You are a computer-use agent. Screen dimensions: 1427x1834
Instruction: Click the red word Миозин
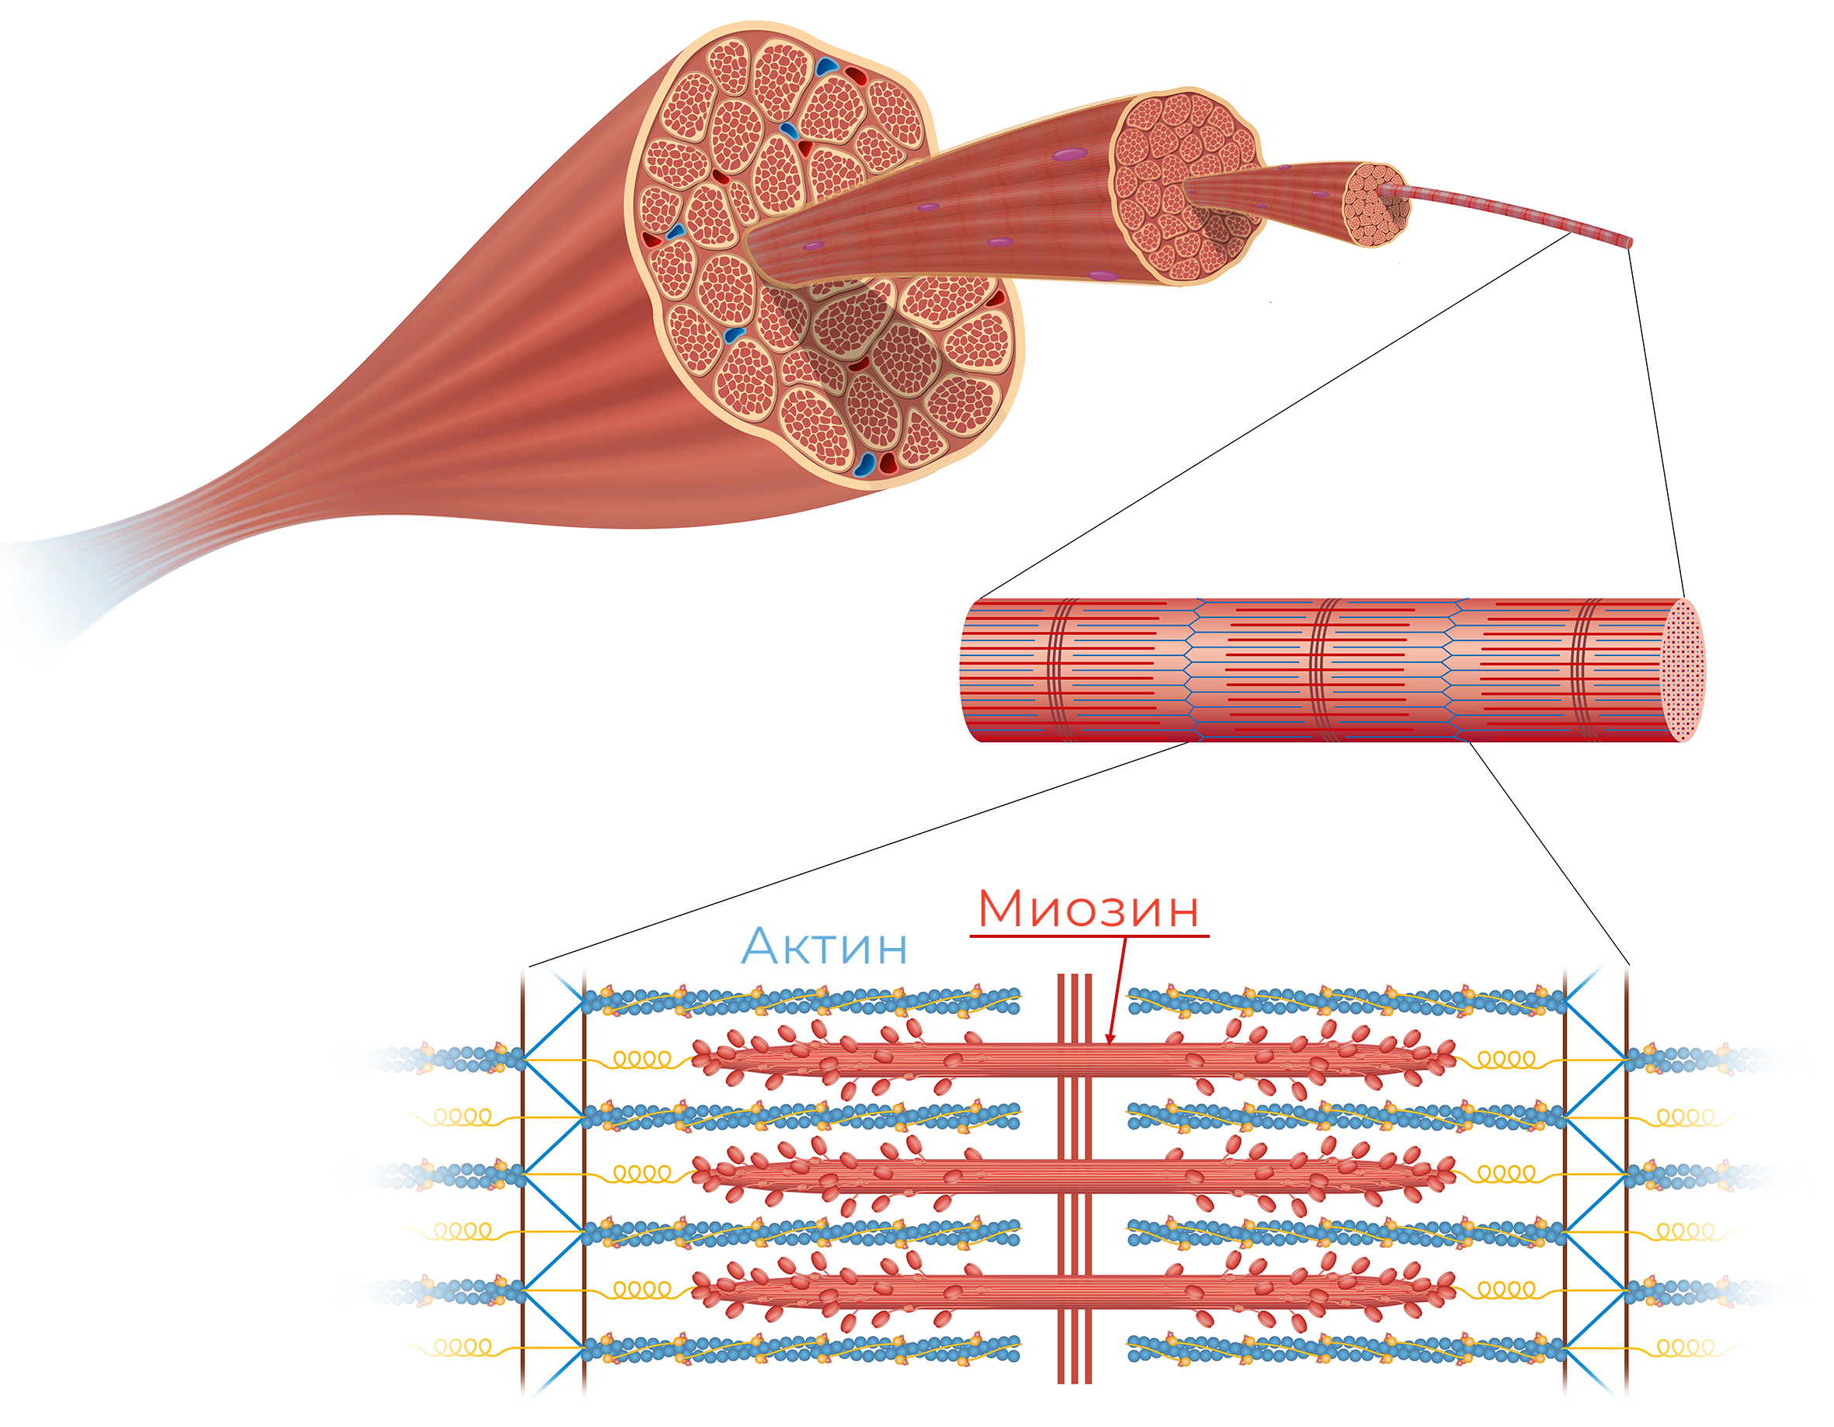point(1089,909)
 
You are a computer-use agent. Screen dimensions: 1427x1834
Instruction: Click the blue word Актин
point(824,946)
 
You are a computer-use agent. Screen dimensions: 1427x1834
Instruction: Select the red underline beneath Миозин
point(1089,935)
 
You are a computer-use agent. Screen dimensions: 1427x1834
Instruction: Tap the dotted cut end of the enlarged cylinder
point(1683,670)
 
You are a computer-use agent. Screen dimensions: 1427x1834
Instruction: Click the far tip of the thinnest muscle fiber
point(1629,243)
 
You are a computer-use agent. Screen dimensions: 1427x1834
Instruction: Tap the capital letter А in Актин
point(762,946)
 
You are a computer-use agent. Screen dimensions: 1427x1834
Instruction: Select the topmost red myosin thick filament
point(1073,1058)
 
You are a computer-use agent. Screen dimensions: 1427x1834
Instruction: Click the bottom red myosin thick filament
point(1073,1289)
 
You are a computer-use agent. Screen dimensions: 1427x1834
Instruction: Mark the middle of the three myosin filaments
point(1073,1173)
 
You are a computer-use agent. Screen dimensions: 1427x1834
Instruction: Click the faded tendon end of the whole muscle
point(50,579)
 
